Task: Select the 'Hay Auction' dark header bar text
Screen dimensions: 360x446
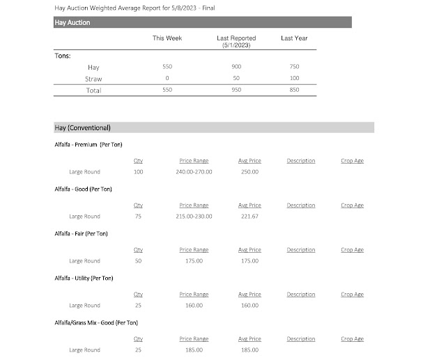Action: (x=72, y=22)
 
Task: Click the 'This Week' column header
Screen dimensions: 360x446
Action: (x=167, y=38)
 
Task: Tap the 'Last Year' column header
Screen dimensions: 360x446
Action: (x=294, y=38)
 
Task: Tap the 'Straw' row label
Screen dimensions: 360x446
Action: (x=93, y=78)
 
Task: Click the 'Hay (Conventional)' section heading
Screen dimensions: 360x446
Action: (x=82, y=127)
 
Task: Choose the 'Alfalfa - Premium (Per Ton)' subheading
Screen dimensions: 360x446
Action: (x=90, y=144)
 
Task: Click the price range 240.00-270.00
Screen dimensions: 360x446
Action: (x=195, y=171)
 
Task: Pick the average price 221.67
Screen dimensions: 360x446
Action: (x=249, y=216)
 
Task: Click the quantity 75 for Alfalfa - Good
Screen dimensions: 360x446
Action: (x=138, y=216)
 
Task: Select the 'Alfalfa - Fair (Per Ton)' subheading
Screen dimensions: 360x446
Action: (x=81, y=233)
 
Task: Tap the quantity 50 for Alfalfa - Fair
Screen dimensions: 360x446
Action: (x=138, y=260)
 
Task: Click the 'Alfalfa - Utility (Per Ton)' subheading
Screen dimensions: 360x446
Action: (x=83, y=278)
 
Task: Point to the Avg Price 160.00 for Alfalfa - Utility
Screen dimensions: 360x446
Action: (x=249, y=305)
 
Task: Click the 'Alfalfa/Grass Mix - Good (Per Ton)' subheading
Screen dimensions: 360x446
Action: (x=96, y=322)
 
